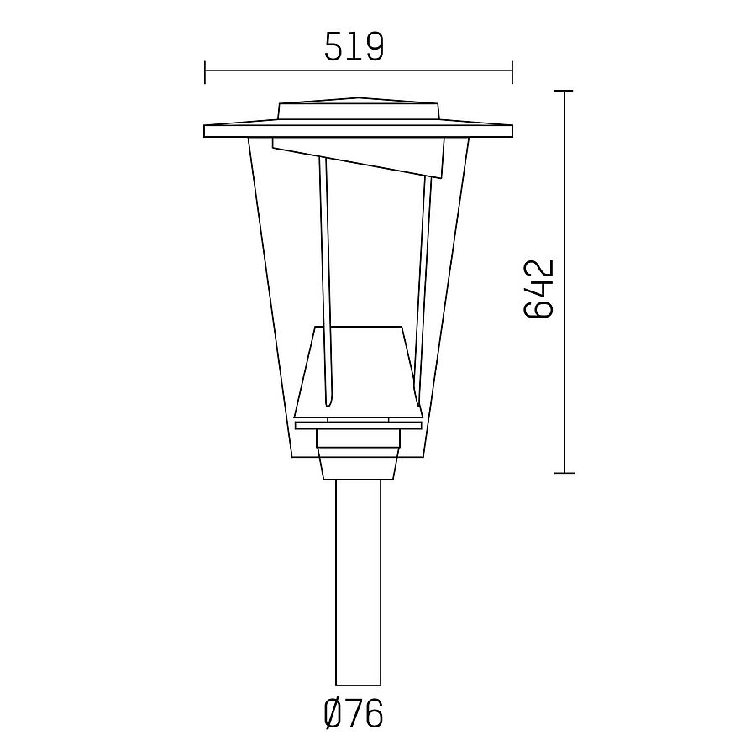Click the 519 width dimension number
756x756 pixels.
click(354, 48)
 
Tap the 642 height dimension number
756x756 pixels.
click(539, 288)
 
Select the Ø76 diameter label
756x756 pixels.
click(353, 715)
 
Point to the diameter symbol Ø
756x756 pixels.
click(333, 715)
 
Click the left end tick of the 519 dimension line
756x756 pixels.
click(205, 71)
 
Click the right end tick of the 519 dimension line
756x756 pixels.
click(512, 71)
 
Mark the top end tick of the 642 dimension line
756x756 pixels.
click(564, 90)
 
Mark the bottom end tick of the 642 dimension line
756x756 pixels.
click(564, 473)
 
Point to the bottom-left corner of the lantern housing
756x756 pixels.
click(291, 456)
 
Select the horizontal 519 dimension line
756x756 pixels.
click(277, 71)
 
